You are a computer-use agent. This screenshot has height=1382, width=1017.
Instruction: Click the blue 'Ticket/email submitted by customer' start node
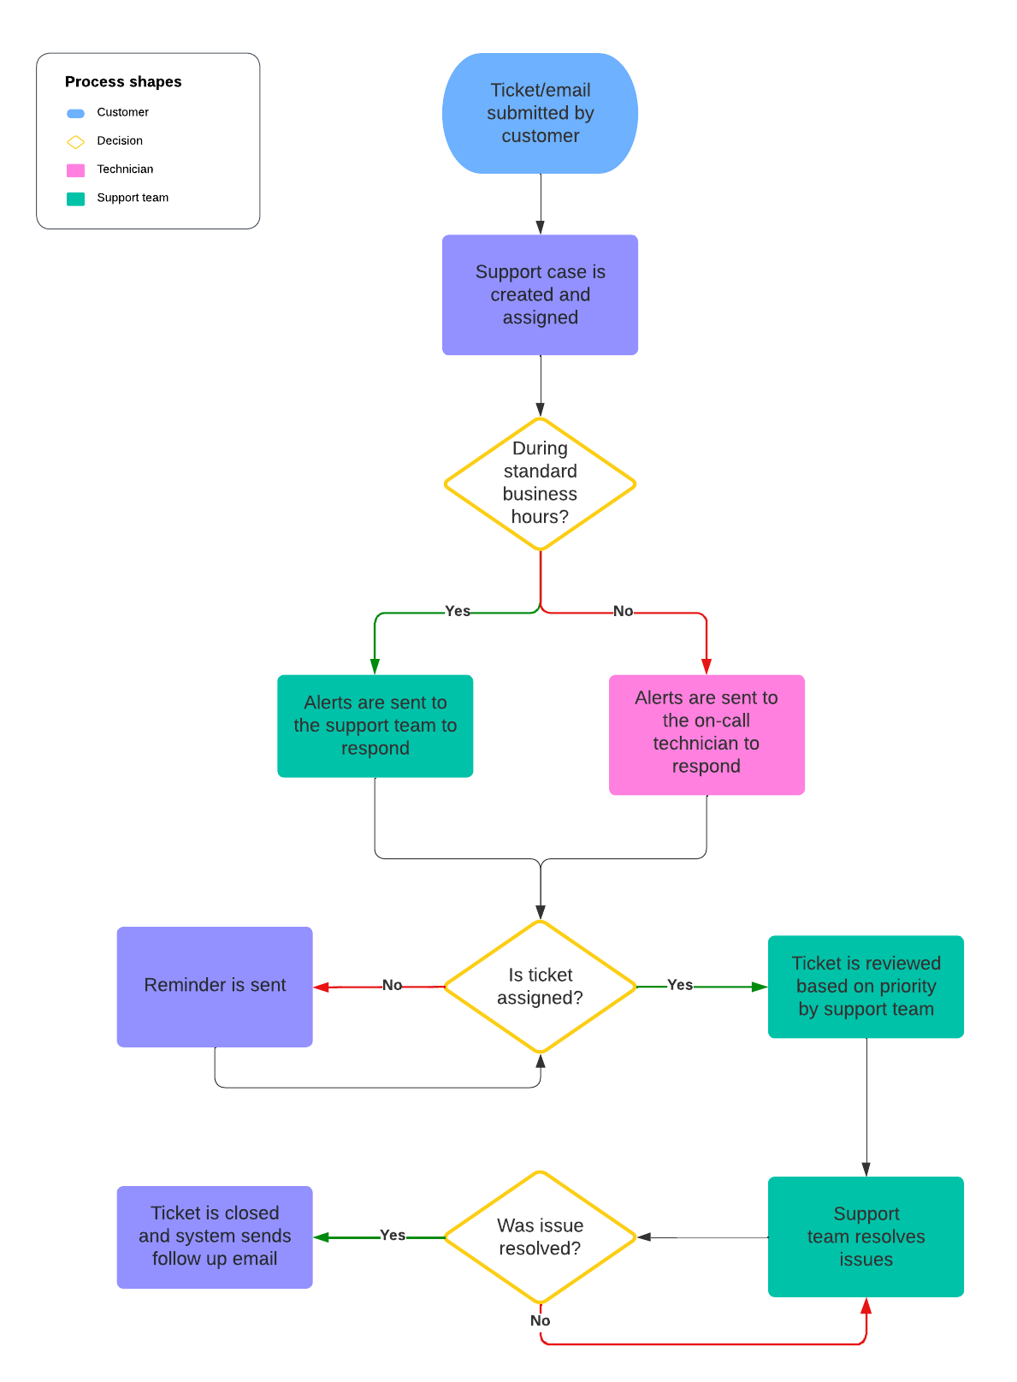click(540, 113)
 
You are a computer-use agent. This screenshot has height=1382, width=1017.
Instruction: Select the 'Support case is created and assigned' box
click(540, 294)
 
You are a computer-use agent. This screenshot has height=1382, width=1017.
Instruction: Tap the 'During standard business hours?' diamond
click(540, 483)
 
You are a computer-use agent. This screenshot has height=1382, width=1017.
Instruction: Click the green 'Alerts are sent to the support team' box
click(375, 726)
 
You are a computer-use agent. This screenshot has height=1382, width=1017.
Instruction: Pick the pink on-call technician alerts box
click(707, 734)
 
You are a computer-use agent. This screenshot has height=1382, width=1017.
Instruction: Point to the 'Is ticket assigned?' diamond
click(540, 986)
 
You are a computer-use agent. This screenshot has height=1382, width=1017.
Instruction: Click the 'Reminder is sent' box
click(215, 986)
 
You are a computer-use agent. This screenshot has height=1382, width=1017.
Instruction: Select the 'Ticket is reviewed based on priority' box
click(866, 986)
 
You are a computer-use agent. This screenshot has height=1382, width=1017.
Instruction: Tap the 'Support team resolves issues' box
click(866, 1237)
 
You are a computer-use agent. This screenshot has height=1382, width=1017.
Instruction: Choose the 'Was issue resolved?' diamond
click(540, 1237)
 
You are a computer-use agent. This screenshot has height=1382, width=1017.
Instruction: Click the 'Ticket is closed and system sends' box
click(215, 1237)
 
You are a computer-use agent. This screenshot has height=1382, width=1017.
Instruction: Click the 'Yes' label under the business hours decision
click(458, 611)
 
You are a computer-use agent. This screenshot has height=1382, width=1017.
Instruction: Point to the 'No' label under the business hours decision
click(623, 611)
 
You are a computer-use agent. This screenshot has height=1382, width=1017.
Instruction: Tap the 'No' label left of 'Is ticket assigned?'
click(392, 985)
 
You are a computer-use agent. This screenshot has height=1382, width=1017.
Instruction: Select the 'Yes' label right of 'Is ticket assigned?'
click(680, 985)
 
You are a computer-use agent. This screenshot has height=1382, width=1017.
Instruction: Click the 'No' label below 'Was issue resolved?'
click(540, 1320)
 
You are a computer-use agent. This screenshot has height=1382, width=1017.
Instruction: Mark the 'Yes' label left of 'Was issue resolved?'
click(393, 1235)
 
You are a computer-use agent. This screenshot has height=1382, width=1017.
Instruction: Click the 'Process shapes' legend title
click(123, 81)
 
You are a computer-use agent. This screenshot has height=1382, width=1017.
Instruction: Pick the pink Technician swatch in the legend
click(76, 170)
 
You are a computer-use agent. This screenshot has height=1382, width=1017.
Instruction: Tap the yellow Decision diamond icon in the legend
click(76, 141)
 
